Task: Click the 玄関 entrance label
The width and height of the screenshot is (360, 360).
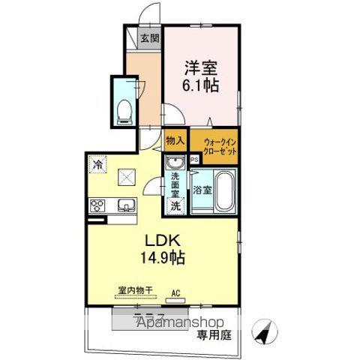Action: [x=148, y=38]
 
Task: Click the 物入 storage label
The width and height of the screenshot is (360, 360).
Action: [x=174, y=140]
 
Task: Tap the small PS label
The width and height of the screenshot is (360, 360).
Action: [x=193, y=159]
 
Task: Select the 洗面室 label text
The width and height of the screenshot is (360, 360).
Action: [x=175, y=184]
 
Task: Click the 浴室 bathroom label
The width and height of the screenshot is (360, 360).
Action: [x=202, y=190]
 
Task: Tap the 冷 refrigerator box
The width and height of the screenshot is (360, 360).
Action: [x=98, y=163]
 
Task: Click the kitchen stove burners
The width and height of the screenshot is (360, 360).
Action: [x=98, y=205]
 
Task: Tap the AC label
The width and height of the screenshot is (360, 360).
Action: [x=177, y=293]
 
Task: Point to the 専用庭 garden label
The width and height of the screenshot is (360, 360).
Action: [x=214, y=335]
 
